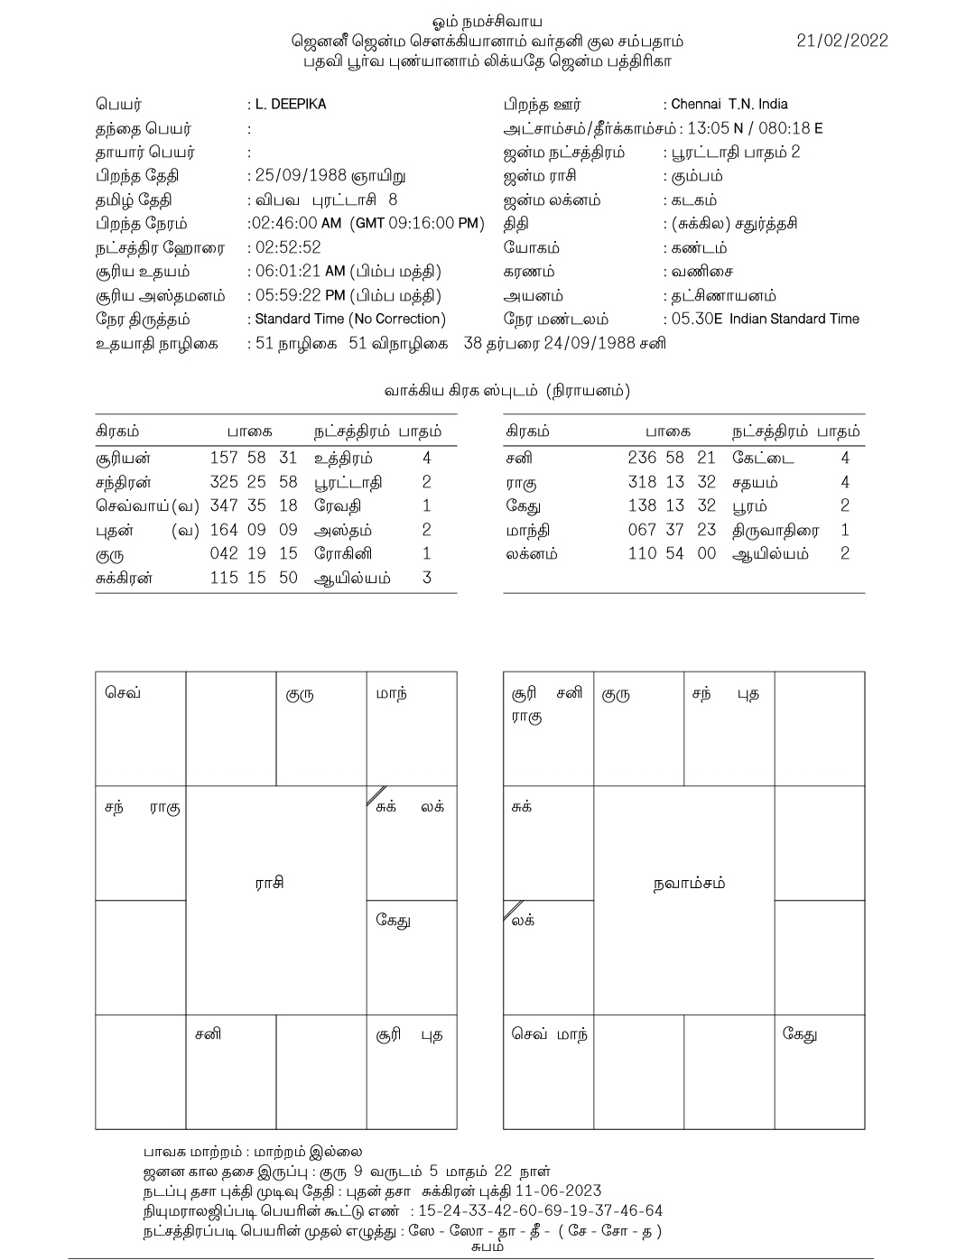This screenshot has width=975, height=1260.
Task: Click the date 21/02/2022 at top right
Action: [842, 41]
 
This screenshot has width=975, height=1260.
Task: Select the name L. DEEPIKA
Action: [291, 105]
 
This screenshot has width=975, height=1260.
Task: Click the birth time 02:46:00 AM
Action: [301, 224]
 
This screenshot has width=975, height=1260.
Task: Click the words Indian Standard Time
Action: [794, 320]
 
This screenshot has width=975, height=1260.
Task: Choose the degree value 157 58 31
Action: [254, 459]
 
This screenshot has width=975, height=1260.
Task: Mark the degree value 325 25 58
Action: [254, 483]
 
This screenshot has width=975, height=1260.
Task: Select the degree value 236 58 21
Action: [672, 459]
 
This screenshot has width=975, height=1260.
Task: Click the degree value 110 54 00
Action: [672, 554]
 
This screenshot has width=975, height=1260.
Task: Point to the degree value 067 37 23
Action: [672, 531]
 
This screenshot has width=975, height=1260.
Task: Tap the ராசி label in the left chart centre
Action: [269, 884]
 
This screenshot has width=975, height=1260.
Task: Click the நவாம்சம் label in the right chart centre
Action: [689, 884]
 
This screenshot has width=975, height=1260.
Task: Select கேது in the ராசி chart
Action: [394, 922]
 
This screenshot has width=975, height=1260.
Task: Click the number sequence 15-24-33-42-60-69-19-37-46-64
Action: [540, 1211]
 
